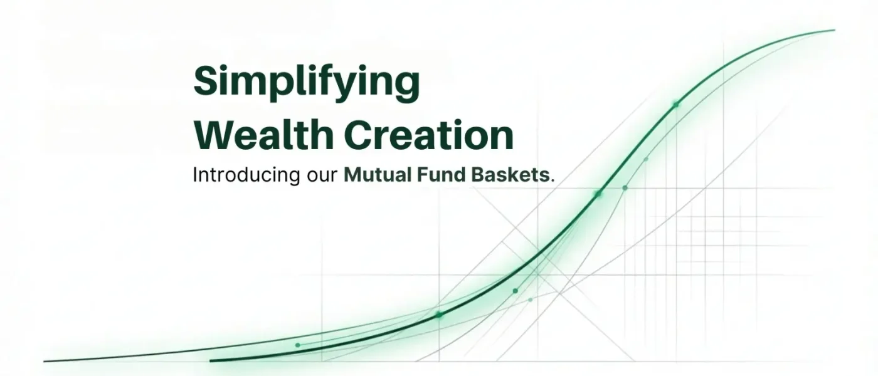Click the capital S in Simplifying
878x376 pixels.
[206, 81]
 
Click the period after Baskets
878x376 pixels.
[552, 180]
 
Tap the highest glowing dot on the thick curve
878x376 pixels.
[675, 104]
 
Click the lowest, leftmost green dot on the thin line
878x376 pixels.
[297, 345]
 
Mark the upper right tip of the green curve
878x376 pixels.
[834, 30]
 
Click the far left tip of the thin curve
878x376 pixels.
[45, 361]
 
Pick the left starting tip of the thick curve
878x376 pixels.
[211, 361]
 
